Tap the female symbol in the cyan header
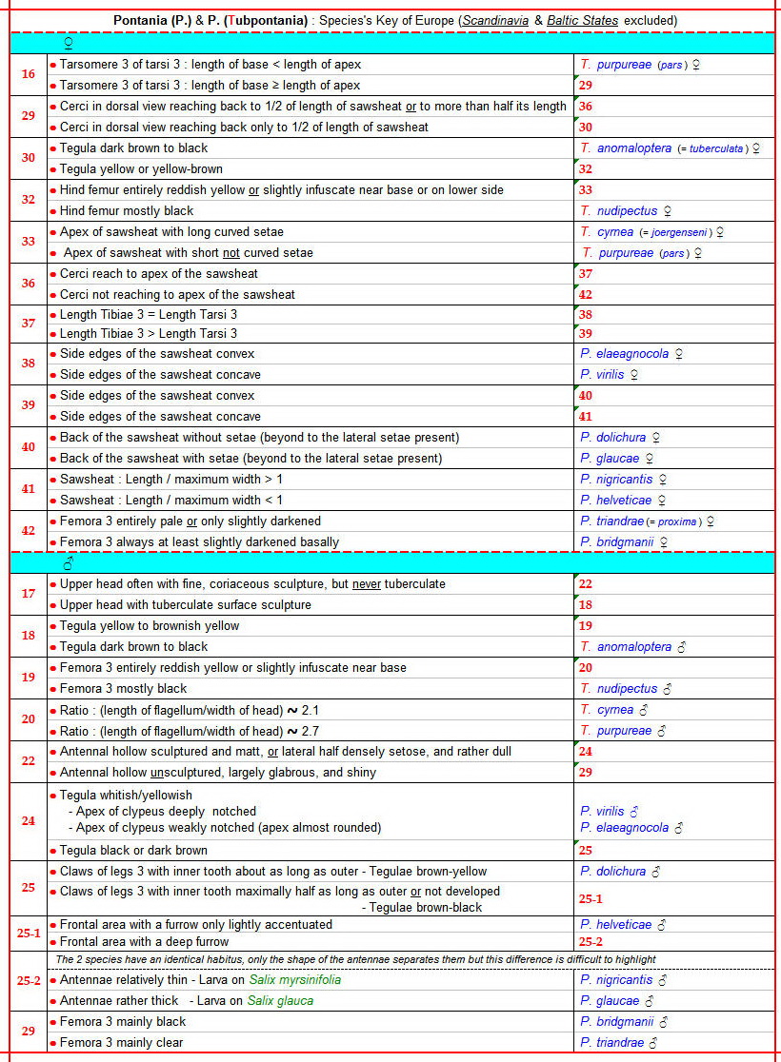pyautogui.click(x=68, y=44)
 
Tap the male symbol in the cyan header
pyautogui.click(x=68, y=563)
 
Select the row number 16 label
pyautogui.click(x=29, y=74)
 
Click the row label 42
pyautogui.click(x=29, y=531)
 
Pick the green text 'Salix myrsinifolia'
pyautogui.click(x=294, y=980)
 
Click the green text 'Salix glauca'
pyautogui.click(x=280, y=1001)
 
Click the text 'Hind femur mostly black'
pyautogui.click(x=127, y=211)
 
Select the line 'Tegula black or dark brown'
pyautogui.click(x=133, y=851)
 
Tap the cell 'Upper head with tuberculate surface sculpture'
pyautogui.click(x=186, y=605)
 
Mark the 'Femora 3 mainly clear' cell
pyautogui.click(x=122, y=1043)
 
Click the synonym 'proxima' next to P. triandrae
pyautogui.click(x=677, y=521)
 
